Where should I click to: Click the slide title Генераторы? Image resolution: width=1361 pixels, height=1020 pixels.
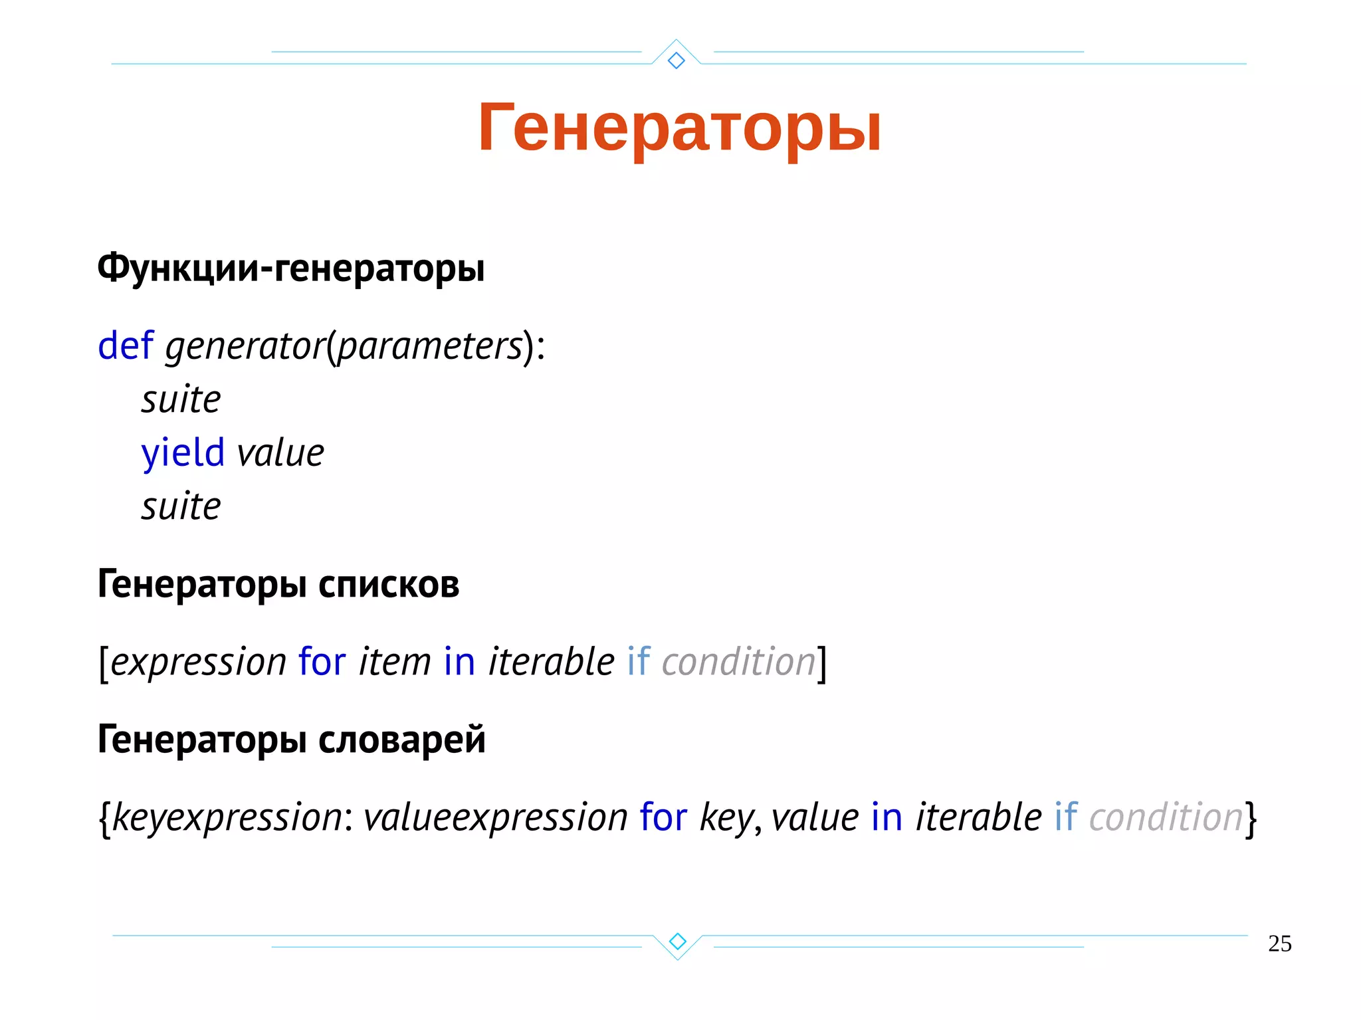[679, 128]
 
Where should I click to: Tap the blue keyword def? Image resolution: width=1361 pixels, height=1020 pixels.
[126, 346]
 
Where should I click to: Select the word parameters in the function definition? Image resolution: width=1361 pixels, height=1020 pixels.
[430, 347]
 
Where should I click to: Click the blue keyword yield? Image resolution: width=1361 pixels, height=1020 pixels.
[183, 453]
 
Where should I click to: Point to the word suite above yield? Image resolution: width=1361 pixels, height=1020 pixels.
[181, 400]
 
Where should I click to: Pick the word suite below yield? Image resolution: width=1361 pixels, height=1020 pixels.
[181, 507]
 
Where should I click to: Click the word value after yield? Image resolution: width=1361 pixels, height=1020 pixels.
[280, 453]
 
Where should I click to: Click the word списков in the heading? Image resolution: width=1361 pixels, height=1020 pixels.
[389, 585]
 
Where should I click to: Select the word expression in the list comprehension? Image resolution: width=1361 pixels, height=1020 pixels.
[198, 662]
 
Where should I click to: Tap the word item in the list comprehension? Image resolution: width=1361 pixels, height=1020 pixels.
[395, 662]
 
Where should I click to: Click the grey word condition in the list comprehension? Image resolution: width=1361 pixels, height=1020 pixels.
[738, 662]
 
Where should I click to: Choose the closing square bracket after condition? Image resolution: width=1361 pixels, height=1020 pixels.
[822, 663]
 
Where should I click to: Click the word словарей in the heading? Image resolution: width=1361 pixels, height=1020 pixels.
[402, 740]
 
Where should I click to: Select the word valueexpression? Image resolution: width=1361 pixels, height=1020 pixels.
[495, 817]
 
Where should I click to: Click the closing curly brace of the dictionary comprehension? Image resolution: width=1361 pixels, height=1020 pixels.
[1251, 819]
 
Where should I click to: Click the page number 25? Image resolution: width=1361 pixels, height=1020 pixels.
[1279, 944]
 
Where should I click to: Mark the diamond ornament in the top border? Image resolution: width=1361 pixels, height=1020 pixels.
[677, 60]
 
